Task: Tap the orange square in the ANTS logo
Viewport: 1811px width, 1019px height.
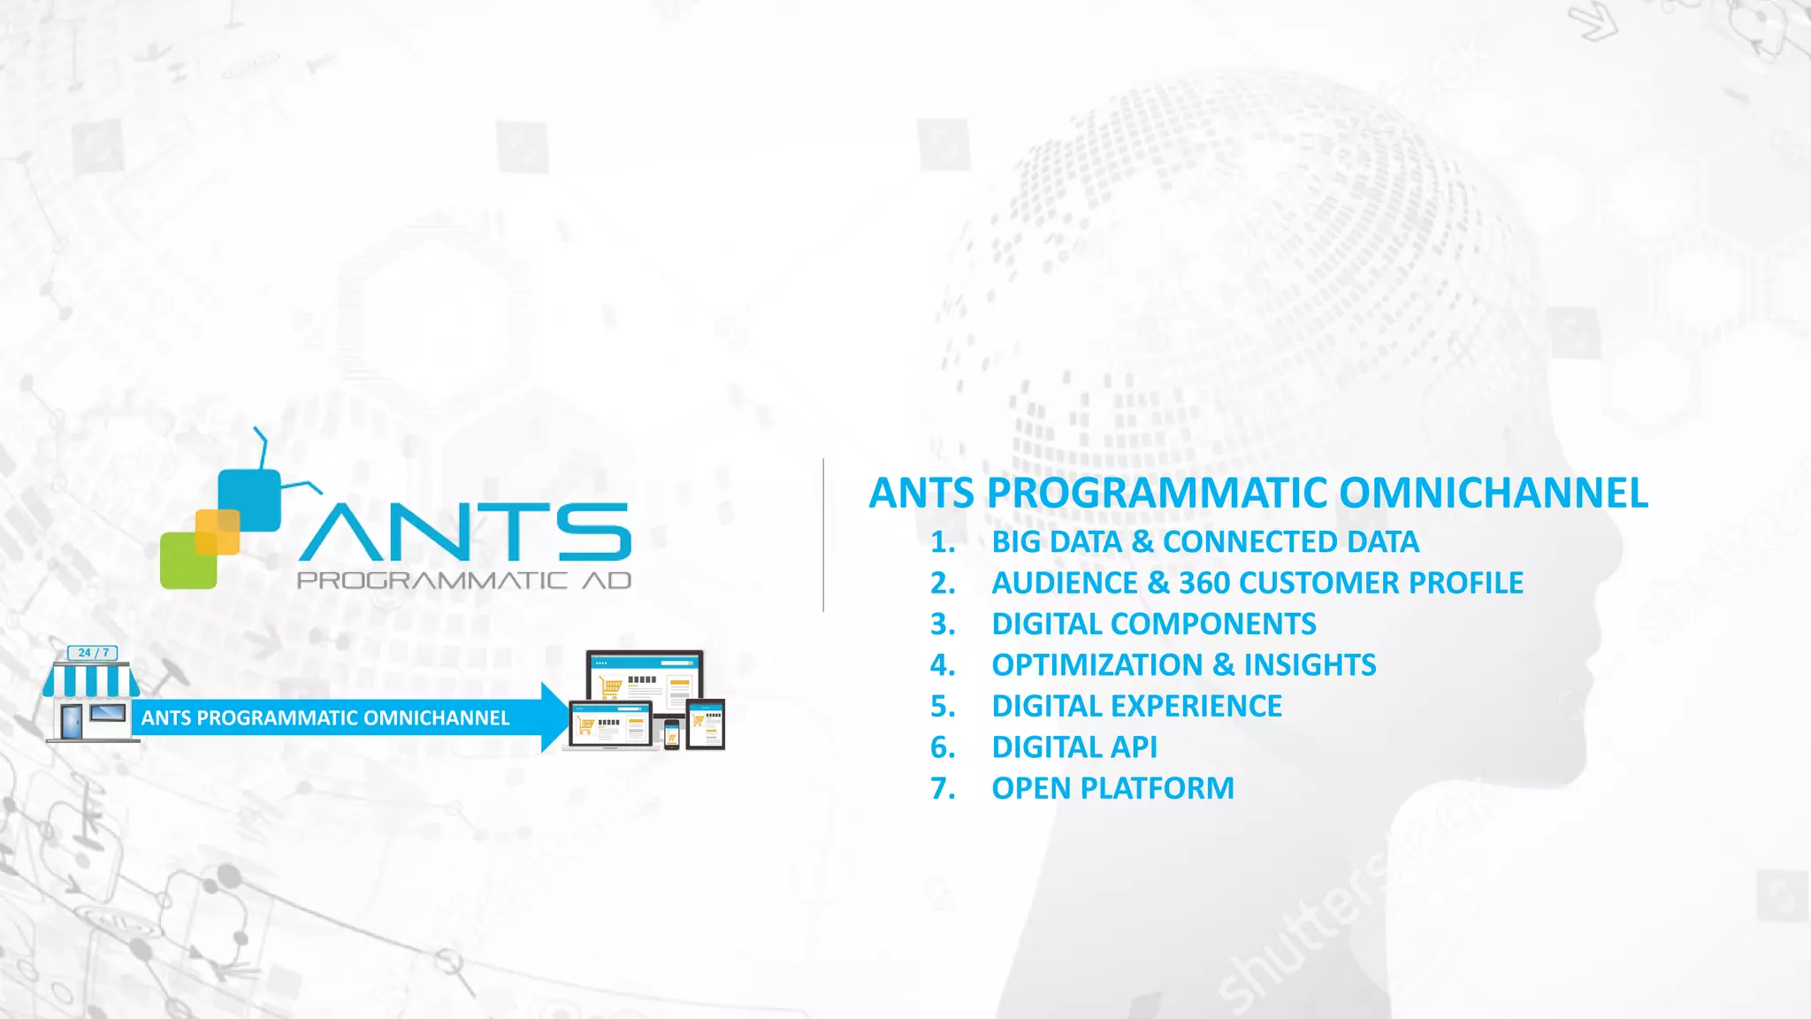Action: (218, 532)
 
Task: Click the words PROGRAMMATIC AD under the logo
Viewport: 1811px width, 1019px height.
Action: (464, 581)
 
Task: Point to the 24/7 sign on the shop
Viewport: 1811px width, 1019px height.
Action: (93, 653)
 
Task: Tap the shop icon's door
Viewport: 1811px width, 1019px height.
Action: (72, 721)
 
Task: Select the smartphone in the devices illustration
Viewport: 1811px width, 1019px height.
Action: (672, 733)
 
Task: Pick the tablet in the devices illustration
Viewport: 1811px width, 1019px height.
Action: (706, 724)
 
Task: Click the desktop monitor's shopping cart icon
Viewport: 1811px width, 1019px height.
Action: (610, 686)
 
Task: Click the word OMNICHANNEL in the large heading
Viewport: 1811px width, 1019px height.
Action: (1494, 493)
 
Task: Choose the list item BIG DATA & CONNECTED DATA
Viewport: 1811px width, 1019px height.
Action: (1204, 541)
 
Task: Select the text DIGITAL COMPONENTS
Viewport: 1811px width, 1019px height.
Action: (1153, 624)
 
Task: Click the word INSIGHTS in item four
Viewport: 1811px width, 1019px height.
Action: (1310, 664)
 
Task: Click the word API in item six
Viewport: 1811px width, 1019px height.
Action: (1134, 747)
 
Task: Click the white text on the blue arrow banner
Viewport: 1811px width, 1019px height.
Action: (325, 717)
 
